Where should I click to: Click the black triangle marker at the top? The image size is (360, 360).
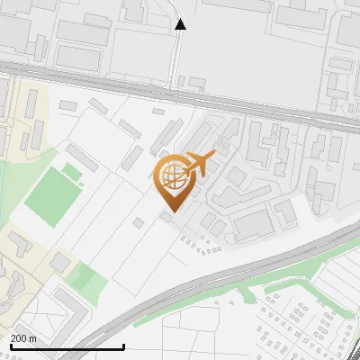click(x=181, y=24)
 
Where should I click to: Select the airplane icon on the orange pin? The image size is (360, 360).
click(x=200, y=164)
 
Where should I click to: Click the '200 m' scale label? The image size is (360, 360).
click(x=23, y=337)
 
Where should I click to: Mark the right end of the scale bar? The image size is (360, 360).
click(x=123, y=346)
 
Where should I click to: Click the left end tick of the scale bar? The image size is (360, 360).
click(x=10, y=346)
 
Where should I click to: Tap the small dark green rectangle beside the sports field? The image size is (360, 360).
click(x=72, y=172)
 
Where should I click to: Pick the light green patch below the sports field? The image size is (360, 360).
click(x=88, y=282)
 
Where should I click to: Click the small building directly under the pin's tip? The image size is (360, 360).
click(x=167, y=216)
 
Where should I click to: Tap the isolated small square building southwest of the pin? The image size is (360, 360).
click(x=139, y=222)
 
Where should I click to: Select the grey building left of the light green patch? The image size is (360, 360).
click(x=59, y=263)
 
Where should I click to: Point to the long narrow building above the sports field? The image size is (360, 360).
click(x=81, y=157)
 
